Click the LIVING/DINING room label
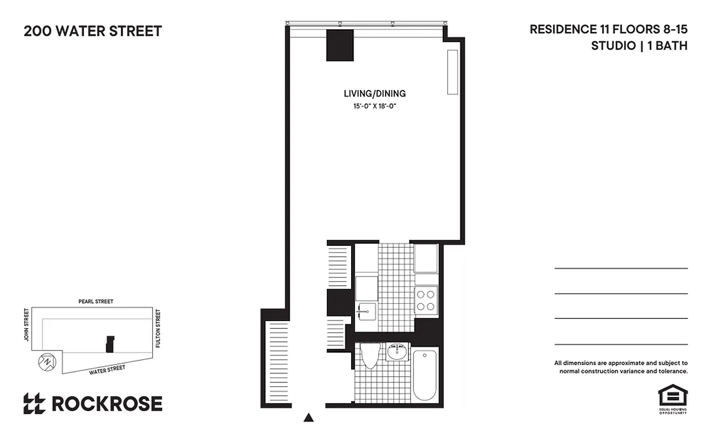[375, 94]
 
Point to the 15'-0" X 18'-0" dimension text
[375, 107]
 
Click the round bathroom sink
[398, 353]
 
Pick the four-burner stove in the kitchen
[426, 301]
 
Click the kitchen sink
[366, 311]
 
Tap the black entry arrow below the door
[309, 416]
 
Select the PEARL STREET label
[96, 302]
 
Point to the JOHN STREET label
[26, 325]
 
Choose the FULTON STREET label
[158, 328]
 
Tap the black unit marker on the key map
[110, 344]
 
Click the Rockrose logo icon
[35, 404]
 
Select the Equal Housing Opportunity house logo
[672, 397]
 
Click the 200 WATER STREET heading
[93, 31]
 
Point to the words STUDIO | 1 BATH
[639, 46]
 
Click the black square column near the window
[339, 45]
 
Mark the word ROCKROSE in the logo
[107, 404]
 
